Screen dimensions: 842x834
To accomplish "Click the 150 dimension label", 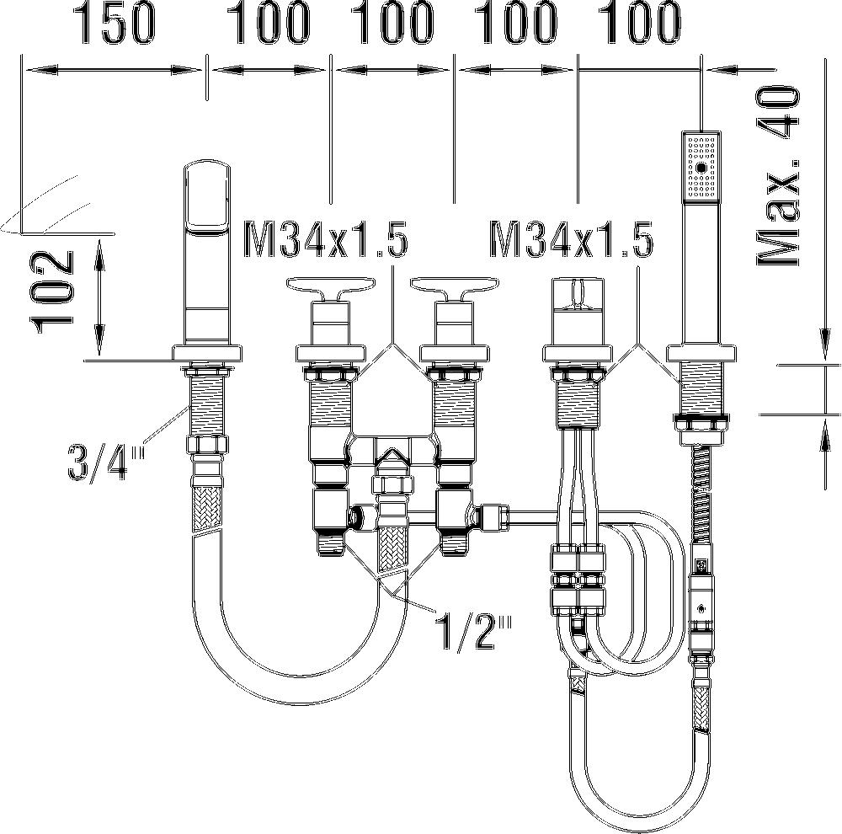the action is pyautogui.click(x=115, y=23).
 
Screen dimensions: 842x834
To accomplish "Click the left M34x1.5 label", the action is pyautogui.click(x=326, y=240).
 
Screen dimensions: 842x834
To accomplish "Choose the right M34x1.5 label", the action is pyautogui.click(x=572, y=240).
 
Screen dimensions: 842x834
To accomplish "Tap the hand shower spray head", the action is pyautogui.click(x=701, y=167).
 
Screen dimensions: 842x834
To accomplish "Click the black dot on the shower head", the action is pyautogui.click(x=701, y=168).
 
